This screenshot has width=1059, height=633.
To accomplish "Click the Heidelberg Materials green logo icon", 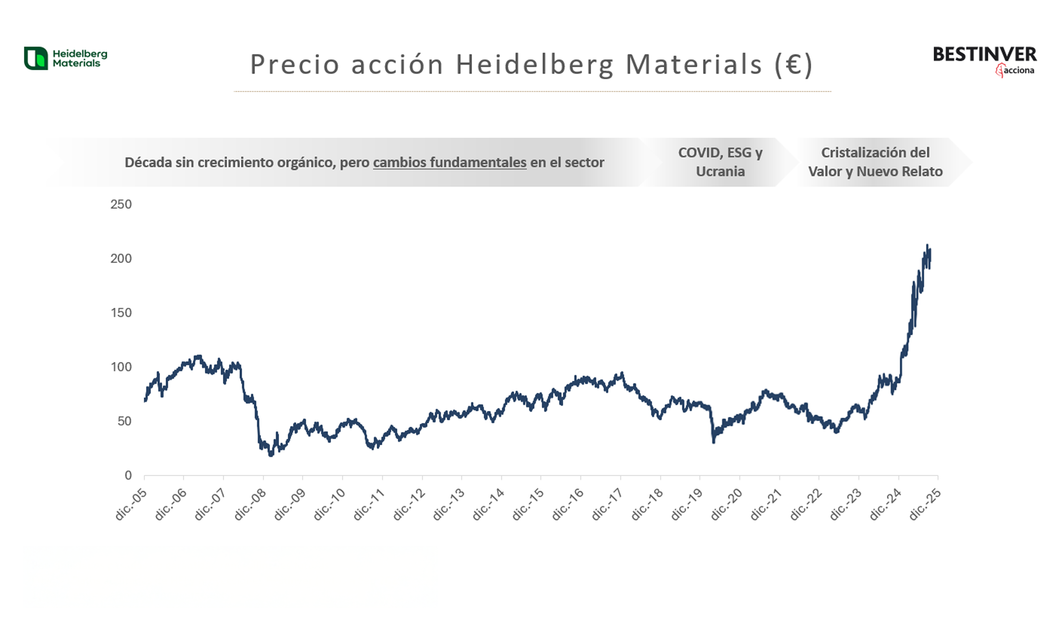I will coord(36,58).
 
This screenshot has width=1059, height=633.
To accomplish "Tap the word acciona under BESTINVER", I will coord(1019,70).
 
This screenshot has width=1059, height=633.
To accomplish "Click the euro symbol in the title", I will coord(793,64).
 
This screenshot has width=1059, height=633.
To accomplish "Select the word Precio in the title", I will coord(295,64).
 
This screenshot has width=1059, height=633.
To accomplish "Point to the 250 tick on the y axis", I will coord(121,204).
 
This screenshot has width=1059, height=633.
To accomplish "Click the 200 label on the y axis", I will coord(121,259).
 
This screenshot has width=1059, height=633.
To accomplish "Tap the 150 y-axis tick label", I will coord(121,313).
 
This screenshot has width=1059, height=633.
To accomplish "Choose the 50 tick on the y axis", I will coord(124,421).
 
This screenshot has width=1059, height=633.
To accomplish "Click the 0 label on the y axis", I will coord(128,475).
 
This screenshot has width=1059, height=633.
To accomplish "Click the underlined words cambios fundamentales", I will coord(449,162).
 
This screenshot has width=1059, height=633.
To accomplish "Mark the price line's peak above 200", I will coord(927,245).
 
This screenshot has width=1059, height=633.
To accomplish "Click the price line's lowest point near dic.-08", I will coord(271,455).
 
